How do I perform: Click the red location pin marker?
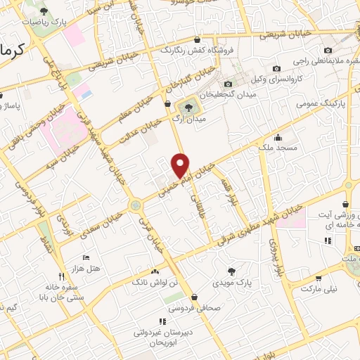tap(181, 165)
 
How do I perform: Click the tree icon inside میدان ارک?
tap(188, 108)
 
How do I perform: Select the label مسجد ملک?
tap(278, 148)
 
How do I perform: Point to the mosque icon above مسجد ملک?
tap(278, 138)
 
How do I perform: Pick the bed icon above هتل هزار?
tap(86, 258)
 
